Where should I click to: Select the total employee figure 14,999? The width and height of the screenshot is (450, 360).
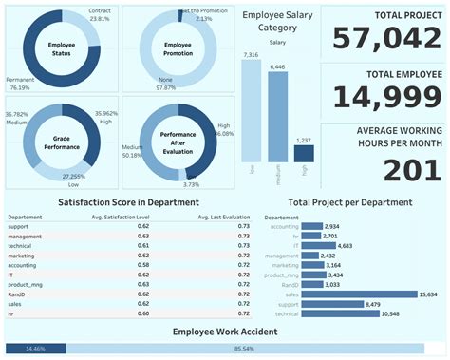pyautogui.click(x=384, y=98)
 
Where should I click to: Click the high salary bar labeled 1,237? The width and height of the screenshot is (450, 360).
pyautogui.click(x=304, y=153)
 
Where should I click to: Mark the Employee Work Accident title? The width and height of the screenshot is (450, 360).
pyautogui.click(x=224, y=332)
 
